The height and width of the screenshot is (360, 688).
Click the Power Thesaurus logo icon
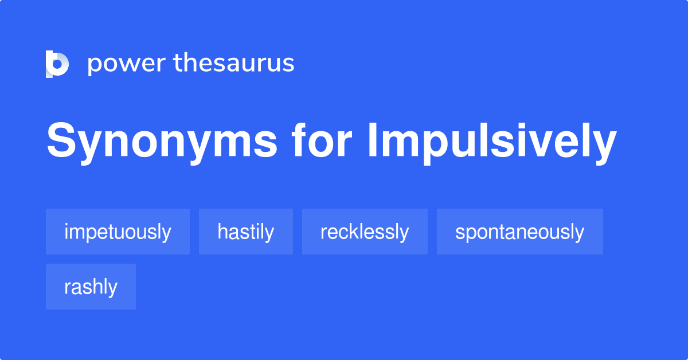point(57,64)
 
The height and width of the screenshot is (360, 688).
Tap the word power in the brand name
point(126,64)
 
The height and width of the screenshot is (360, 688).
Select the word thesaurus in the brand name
point(234,64)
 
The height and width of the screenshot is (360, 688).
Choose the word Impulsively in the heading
point(492,142)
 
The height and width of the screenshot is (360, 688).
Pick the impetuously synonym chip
point(118,232)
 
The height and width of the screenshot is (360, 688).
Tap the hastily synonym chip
point(245,232)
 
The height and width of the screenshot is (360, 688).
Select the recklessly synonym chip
point(365,232)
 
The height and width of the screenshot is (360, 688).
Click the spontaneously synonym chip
point(519,232)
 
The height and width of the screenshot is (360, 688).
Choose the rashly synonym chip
point(91,287)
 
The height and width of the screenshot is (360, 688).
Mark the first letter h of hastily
point(222,232)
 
